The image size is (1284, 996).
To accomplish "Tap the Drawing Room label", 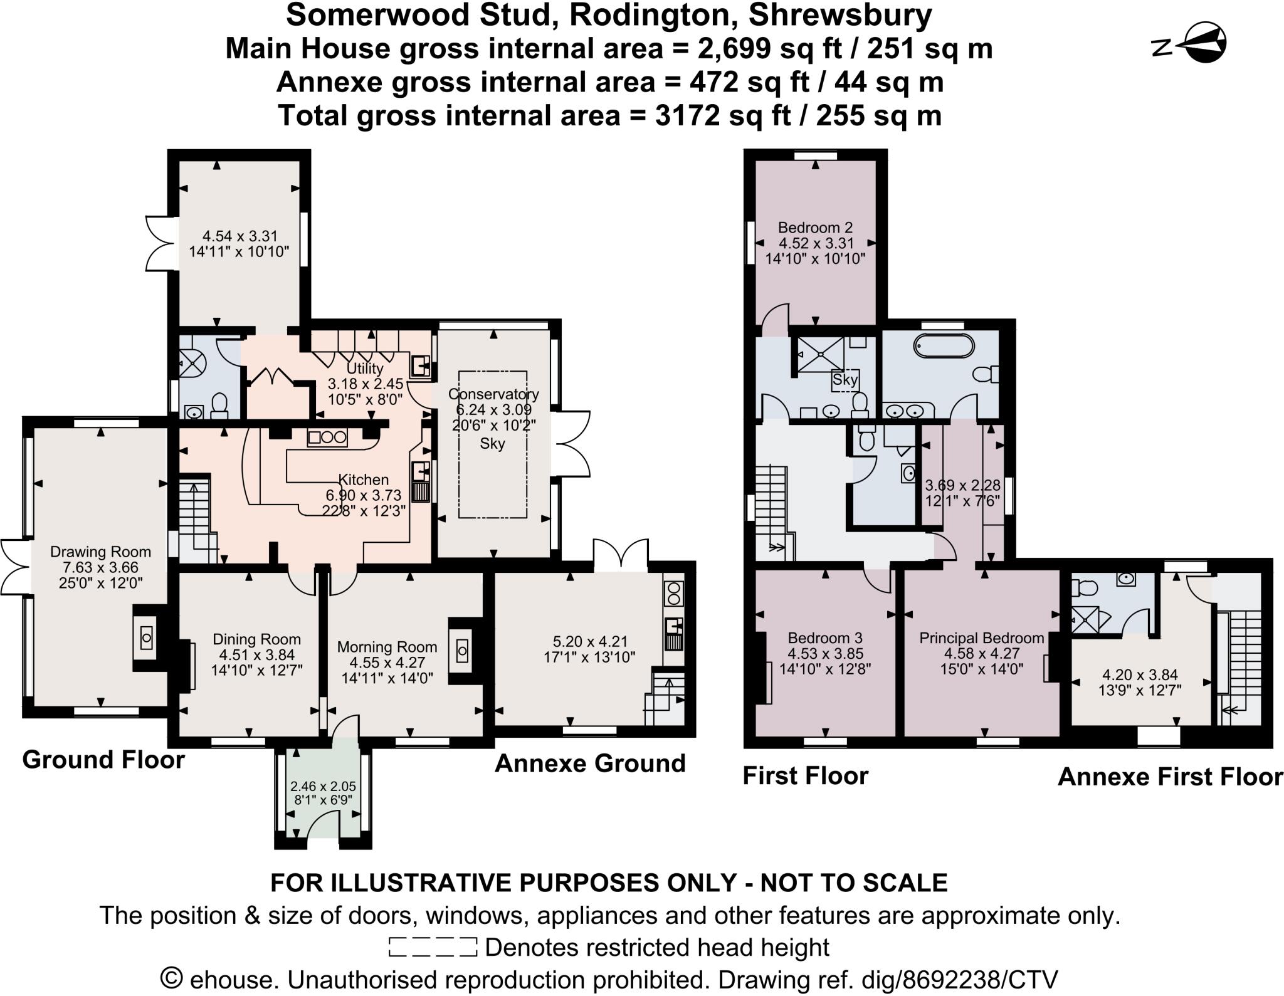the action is [100, 552].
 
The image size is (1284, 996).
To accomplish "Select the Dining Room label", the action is [256, 639].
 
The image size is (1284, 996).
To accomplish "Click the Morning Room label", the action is [387, 647].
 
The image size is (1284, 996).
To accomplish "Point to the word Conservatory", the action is [493, 394].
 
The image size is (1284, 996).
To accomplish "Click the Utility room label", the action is [365, 368].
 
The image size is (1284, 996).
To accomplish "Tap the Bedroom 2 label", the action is [815, 228].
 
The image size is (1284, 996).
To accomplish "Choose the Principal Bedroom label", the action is [982, 638].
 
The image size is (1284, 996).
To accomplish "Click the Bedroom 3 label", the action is [825, 638].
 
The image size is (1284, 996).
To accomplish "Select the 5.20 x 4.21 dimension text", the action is [590, 642].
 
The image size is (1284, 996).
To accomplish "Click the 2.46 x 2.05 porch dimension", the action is [323, 786].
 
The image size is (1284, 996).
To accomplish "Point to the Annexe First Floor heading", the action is [1170, 777].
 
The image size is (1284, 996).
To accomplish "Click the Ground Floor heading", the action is [103, 760].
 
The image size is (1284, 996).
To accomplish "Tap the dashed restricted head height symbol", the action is [433, 947].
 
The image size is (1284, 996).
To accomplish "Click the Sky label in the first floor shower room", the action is [845, 379].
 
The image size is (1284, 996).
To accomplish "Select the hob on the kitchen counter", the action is [327, 438].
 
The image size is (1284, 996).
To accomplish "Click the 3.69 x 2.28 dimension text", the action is [963, 486].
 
